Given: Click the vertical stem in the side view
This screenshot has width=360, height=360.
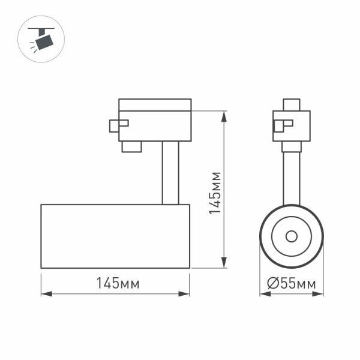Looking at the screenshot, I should [x=170, y=173].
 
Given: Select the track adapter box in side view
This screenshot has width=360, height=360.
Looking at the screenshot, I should [x=155, y=120].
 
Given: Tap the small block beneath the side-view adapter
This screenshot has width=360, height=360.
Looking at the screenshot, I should [x=131, y=146].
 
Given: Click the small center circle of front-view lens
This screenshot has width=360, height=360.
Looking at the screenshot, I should [x=292, y=236].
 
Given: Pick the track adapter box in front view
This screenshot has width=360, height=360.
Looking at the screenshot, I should [x=292, y=125].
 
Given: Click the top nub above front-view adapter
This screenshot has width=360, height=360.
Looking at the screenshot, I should [x=292, y=104].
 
